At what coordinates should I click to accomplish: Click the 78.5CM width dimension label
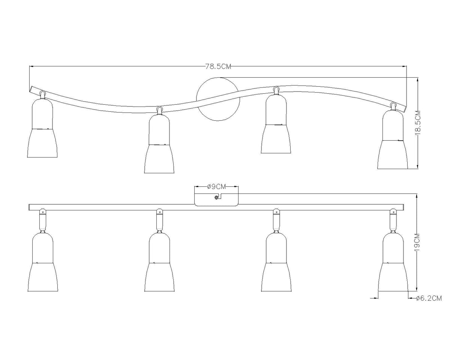coord(218,66)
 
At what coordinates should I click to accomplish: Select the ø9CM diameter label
coord(216,187)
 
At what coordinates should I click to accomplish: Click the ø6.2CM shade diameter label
coord(429,298)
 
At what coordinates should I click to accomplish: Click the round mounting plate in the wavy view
coord(218,99)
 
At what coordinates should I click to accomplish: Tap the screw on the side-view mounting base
coord(216,197)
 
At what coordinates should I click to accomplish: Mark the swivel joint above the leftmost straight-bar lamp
coord(43,220)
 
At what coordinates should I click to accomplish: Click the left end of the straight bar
coord(29,207)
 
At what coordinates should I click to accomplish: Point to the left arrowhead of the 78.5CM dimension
coord(31,66)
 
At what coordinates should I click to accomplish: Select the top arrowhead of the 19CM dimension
coord(417,196)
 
